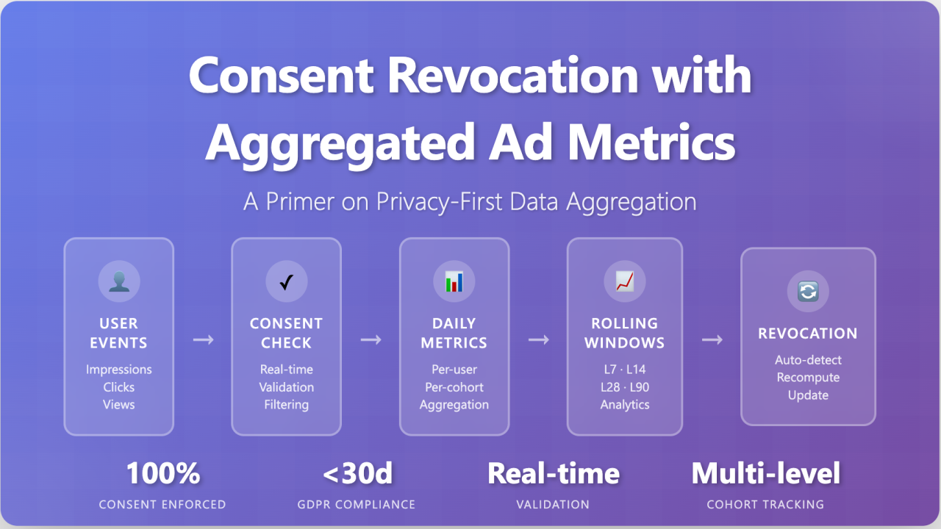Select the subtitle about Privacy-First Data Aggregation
click(470, 202)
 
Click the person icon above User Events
click(119, 281)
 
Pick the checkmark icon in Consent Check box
click(287, 281)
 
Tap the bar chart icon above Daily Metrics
click(454, 281)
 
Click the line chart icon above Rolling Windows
click(624, 281)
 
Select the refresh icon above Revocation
click(808, 291)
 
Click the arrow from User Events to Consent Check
click(203, 339)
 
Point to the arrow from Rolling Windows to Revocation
click(712, 339)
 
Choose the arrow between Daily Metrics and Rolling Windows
click(539, 339)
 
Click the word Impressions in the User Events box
click(119, 370)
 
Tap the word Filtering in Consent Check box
click(287, 405)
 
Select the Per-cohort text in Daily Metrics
click(454, 387)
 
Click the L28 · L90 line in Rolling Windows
click(624, 387)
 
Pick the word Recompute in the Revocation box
click(808, 378)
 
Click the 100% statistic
click(163, 474)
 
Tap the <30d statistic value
click(358, 474)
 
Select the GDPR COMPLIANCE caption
click(358, 505)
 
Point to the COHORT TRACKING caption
click(765, 505)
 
